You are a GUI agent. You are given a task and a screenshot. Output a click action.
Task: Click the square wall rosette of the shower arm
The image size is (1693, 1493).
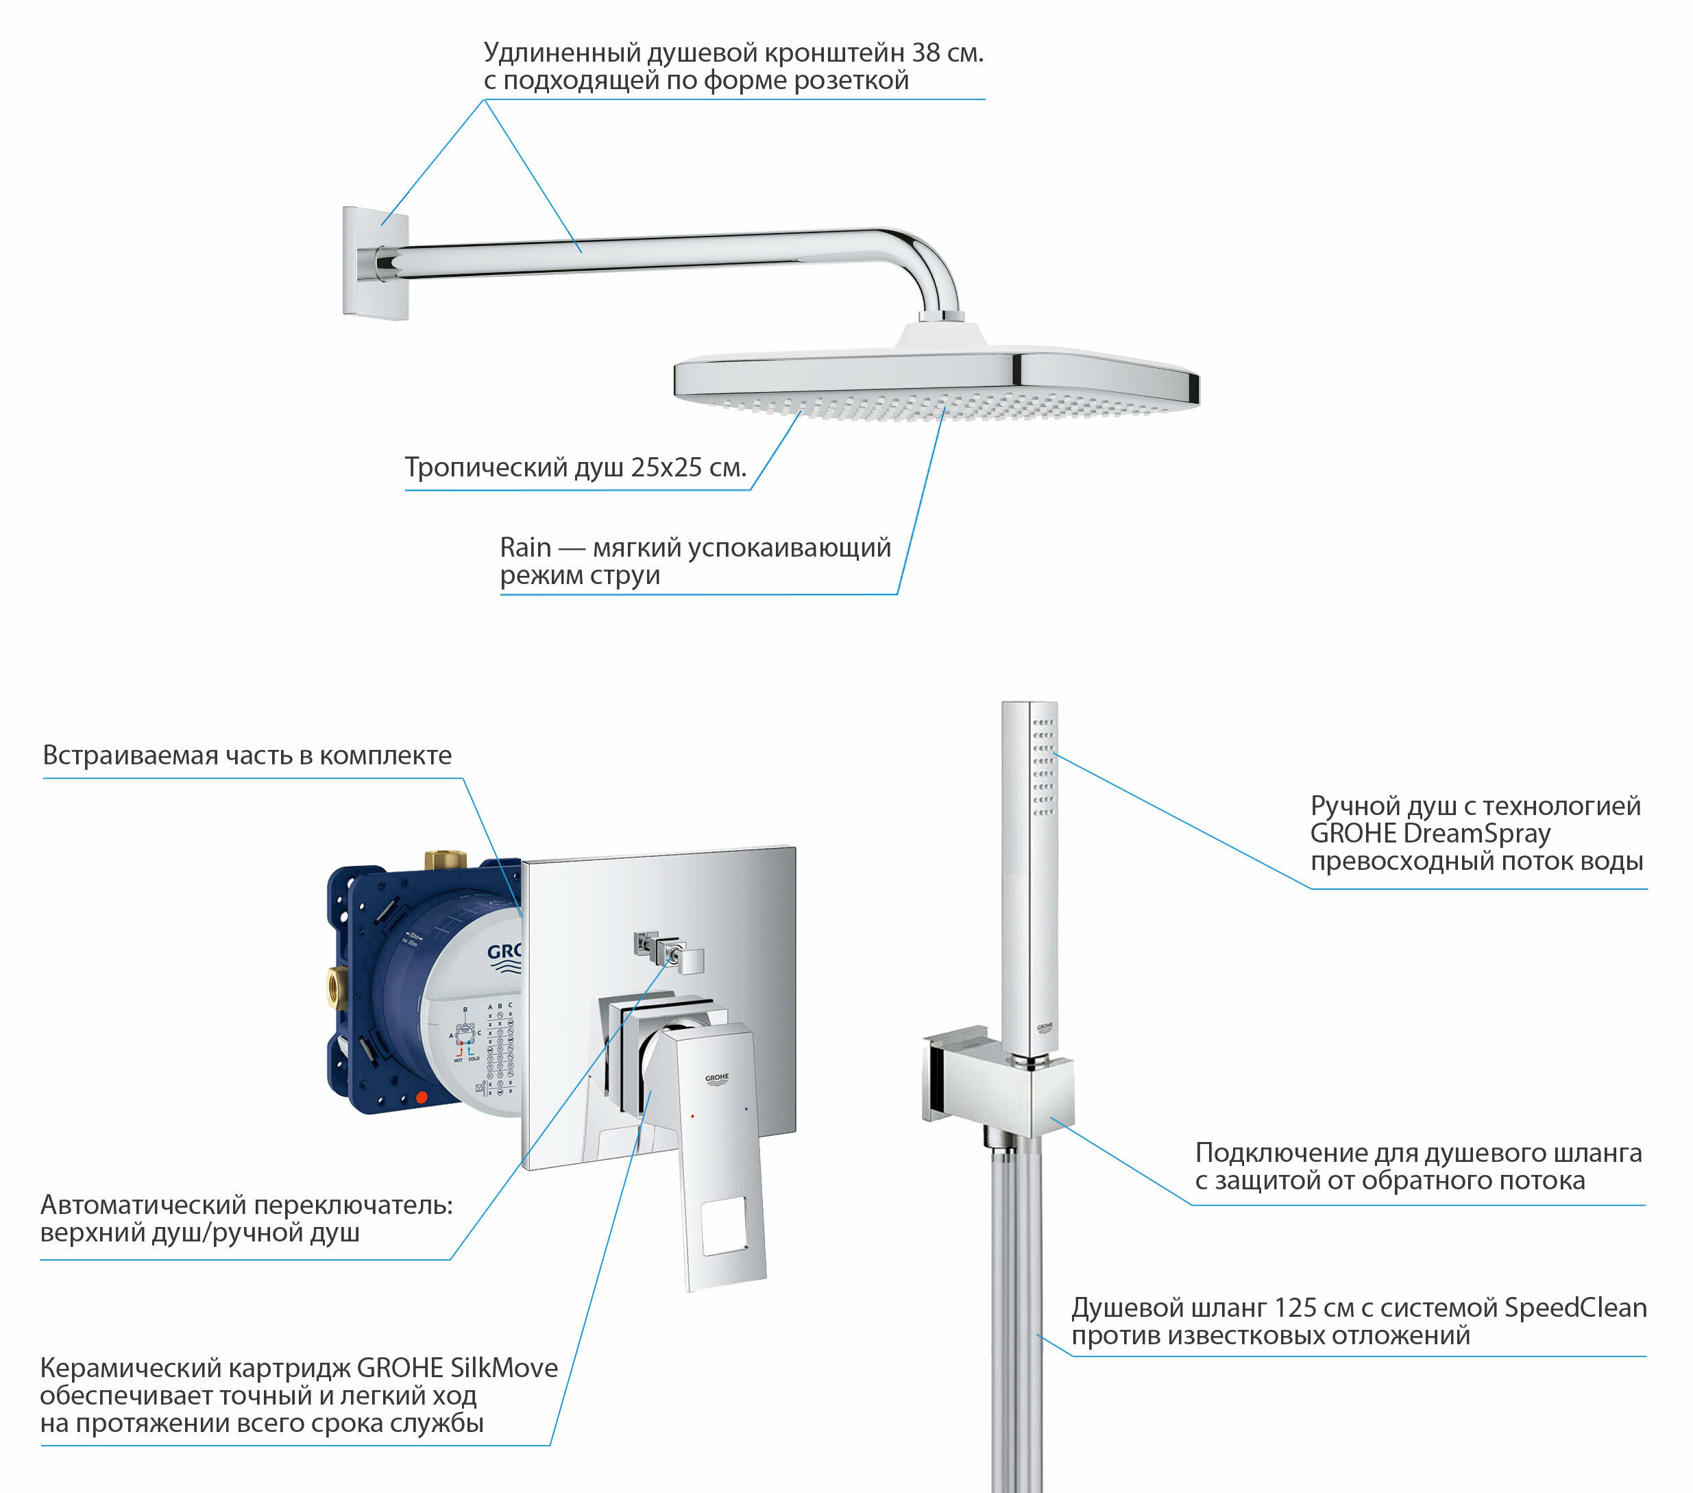coord(375,263)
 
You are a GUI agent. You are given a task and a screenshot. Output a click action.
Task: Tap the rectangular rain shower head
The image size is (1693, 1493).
coord(936,380)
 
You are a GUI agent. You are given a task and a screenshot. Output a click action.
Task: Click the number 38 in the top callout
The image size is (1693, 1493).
coord(926,53)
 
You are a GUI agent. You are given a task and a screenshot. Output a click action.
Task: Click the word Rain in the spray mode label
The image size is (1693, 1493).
coord(525,548)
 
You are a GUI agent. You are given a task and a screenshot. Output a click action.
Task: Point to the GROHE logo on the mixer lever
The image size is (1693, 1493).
coord(716,1079)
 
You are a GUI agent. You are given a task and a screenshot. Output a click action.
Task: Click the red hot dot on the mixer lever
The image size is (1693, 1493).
coord(692,1116)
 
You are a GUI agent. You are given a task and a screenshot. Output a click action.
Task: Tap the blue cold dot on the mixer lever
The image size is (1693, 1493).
coord(746,1108)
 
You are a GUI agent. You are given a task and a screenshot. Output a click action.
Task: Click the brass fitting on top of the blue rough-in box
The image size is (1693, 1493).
coord(445,859)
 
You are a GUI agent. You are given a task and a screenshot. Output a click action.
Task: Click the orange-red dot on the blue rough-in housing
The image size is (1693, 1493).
coord(421,1097)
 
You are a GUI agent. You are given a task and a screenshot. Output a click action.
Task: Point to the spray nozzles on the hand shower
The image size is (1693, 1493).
coord(1043,767)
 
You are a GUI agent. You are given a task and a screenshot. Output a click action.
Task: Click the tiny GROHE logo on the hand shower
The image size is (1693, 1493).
coord(1045,1028)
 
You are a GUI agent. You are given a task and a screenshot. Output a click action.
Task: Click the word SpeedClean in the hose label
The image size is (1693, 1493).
coord(1574,1308)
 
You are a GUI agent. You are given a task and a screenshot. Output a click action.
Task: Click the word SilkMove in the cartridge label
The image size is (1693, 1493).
coord(504,1368)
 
